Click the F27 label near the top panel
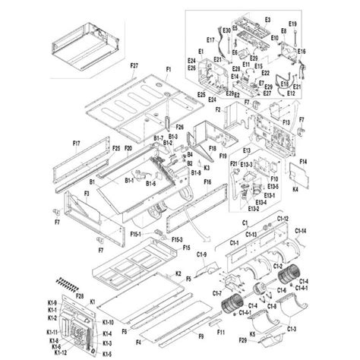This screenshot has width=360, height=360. click(134, 67)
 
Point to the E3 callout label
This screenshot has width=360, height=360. click(267, 17)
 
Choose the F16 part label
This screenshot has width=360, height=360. click(207, 183)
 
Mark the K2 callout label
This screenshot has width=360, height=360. click(178, 272)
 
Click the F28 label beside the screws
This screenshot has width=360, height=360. click(80, 294)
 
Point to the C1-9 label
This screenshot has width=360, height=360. click(203, 254)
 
